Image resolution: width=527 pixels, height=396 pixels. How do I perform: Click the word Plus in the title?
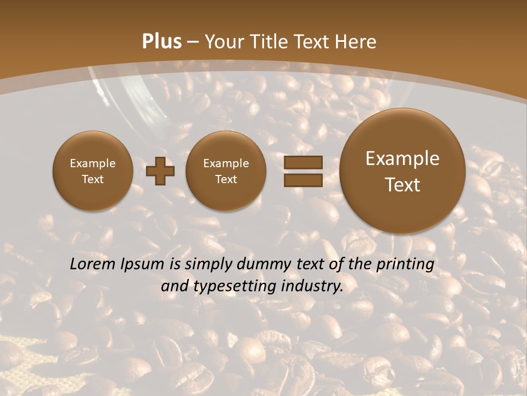coord(161,42)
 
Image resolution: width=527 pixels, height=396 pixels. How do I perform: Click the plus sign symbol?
coord(160,171)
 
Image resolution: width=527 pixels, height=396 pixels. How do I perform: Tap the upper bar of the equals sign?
coord(303,162)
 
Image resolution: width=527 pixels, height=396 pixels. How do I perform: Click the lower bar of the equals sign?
coord(303,180)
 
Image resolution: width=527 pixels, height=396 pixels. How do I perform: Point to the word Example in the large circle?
coord(402,158)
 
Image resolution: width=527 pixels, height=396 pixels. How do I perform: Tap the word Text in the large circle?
coord(402,185)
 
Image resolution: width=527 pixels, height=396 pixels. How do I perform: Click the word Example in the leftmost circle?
coord(93,163)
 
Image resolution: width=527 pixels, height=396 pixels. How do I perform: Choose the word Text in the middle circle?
coord(226,179)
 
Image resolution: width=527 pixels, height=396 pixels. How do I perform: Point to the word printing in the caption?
coord(407,265)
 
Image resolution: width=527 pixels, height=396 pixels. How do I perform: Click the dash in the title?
coord(193,42)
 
